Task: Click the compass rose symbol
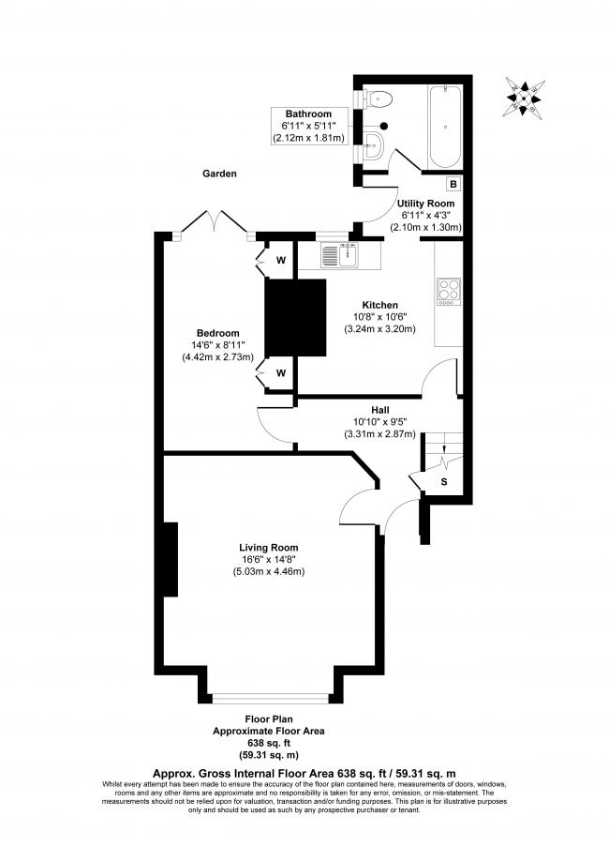click(x=526, y=93)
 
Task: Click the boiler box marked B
click(x=452, y=184)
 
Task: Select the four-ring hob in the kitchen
click(x=448, y=291)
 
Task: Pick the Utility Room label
click(x=425, y=203)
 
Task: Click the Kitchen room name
click(x=381, y=305)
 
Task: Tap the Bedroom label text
click(x=217, y=333)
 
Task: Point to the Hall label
click(x=380, y=411)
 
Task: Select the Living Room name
click(x=269, y=548)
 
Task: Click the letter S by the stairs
click(x=444, y=482)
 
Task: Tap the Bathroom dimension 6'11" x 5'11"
click(x=310, y=126)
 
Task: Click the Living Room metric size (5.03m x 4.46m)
click(x=269, y=572)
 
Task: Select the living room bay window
click(x=270, y=697)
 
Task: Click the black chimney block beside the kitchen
click(x=294, y=317)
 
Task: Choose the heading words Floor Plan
click(x=269, y=718)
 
